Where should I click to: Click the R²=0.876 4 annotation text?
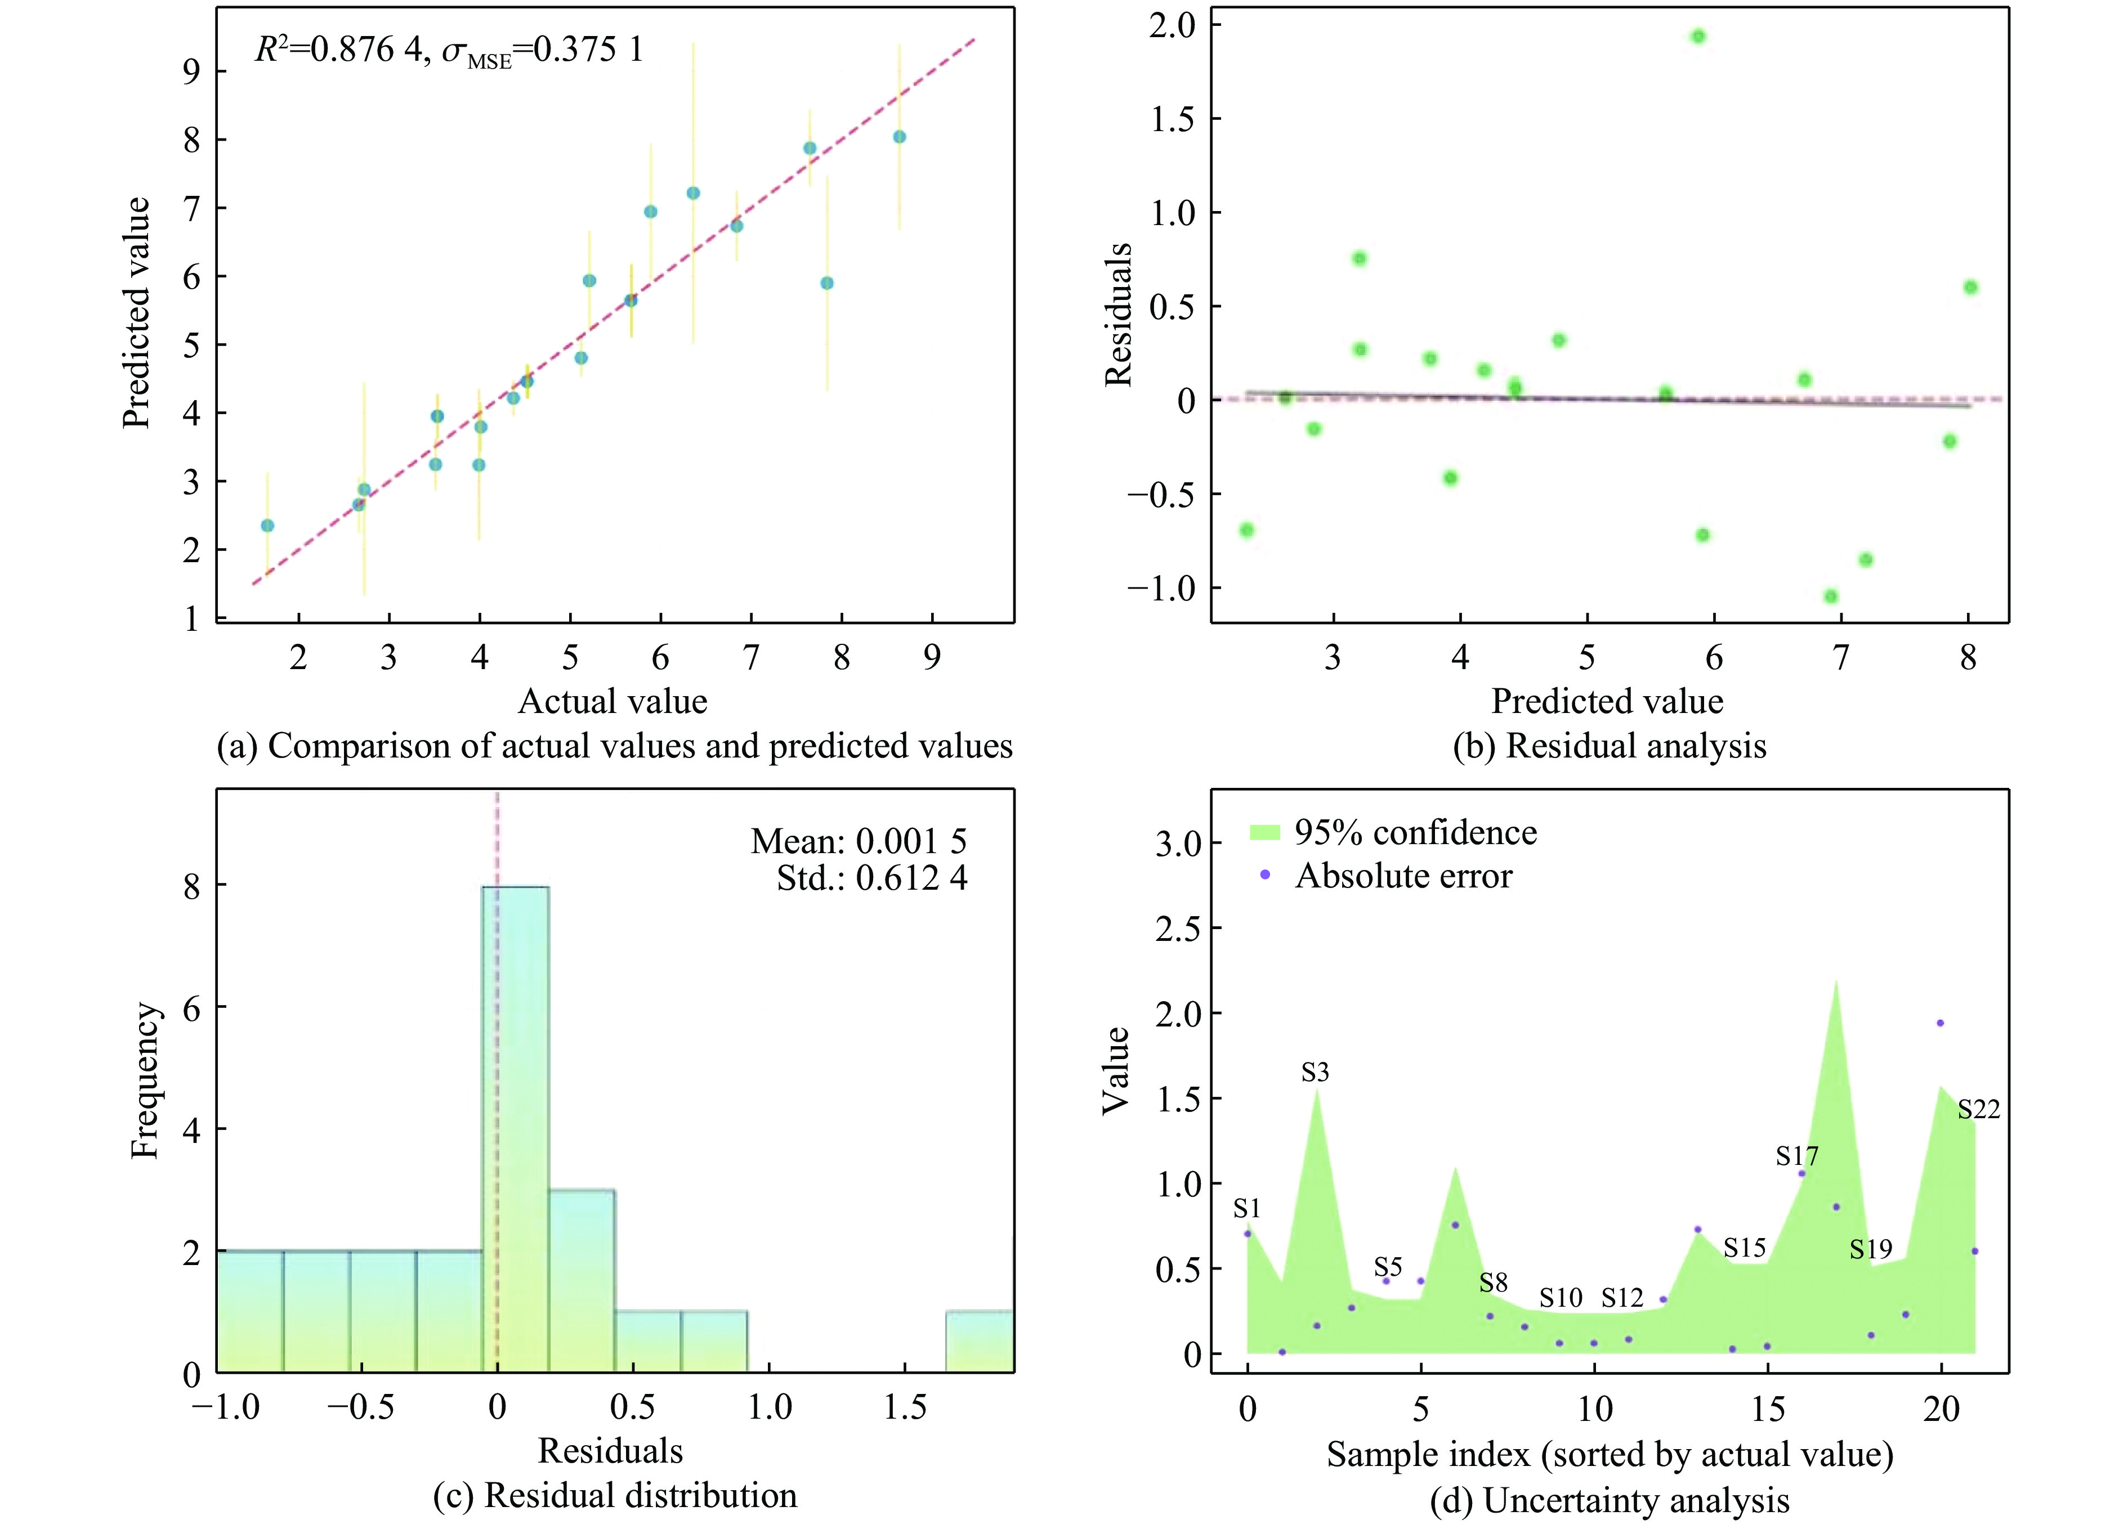point(339,49)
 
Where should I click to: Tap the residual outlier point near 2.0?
point(1697,37)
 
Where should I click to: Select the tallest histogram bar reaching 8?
point(515,1128)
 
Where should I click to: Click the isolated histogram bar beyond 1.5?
point(978,1342)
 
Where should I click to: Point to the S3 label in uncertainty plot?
point(1315,1072)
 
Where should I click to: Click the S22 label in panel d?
point(1978,1110)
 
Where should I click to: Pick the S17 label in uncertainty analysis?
point(1796,1156)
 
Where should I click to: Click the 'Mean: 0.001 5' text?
point(857,841)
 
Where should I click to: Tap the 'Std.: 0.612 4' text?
point(871,878)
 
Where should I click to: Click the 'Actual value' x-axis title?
point(613,701)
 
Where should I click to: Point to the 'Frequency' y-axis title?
point(145,1080)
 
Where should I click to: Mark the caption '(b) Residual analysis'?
point(1609,746)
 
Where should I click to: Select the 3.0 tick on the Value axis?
point(1178,844)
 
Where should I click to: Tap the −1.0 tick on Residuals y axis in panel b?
point(1161,588)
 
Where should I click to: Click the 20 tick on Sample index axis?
point(1941,1409)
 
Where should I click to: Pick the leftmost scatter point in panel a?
point(267,525)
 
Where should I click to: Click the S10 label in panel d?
point(1561,1297)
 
